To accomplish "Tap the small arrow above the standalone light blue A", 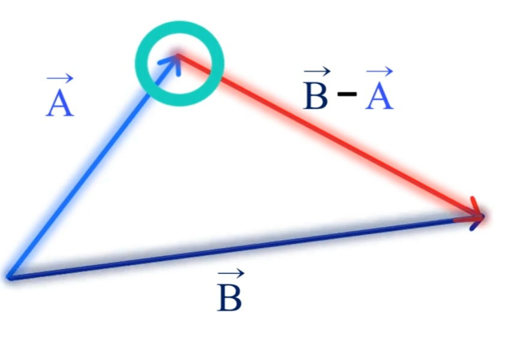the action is point(60,77).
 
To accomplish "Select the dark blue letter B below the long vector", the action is point(230,298).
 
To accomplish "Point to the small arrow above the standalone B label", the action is point(230,274).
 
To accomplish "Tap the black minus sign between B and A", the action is point(347,95).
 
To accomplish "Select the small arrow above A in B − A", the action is point(380,71).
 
